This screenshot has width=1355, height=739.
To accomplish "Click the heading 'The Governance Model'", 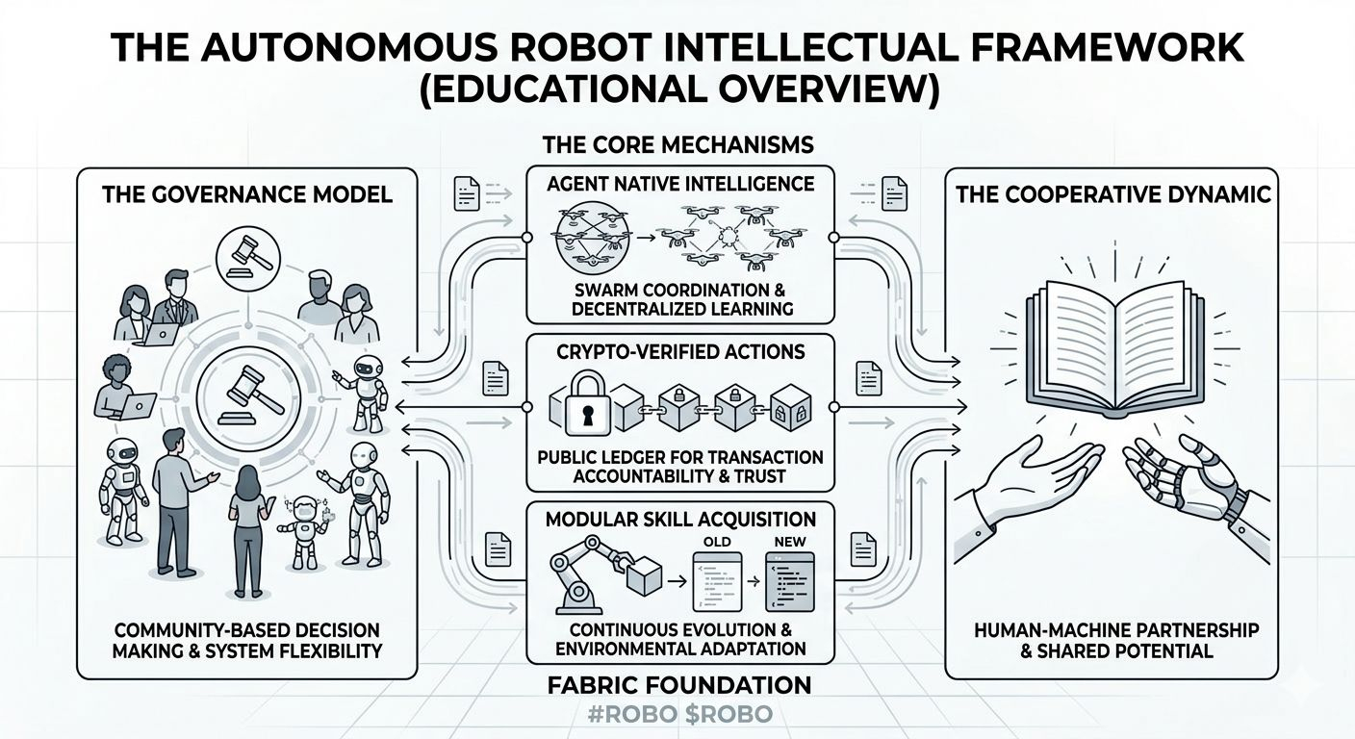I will (246, 194).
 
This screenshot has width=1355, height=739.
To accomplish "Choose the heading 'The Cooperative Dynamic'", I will (1112, 194).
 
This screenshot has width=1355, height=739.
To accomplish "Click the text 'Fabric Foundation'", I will (678, 685).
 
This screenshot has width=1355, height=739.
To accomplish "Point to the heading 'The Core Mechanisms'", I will (678, 145).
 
